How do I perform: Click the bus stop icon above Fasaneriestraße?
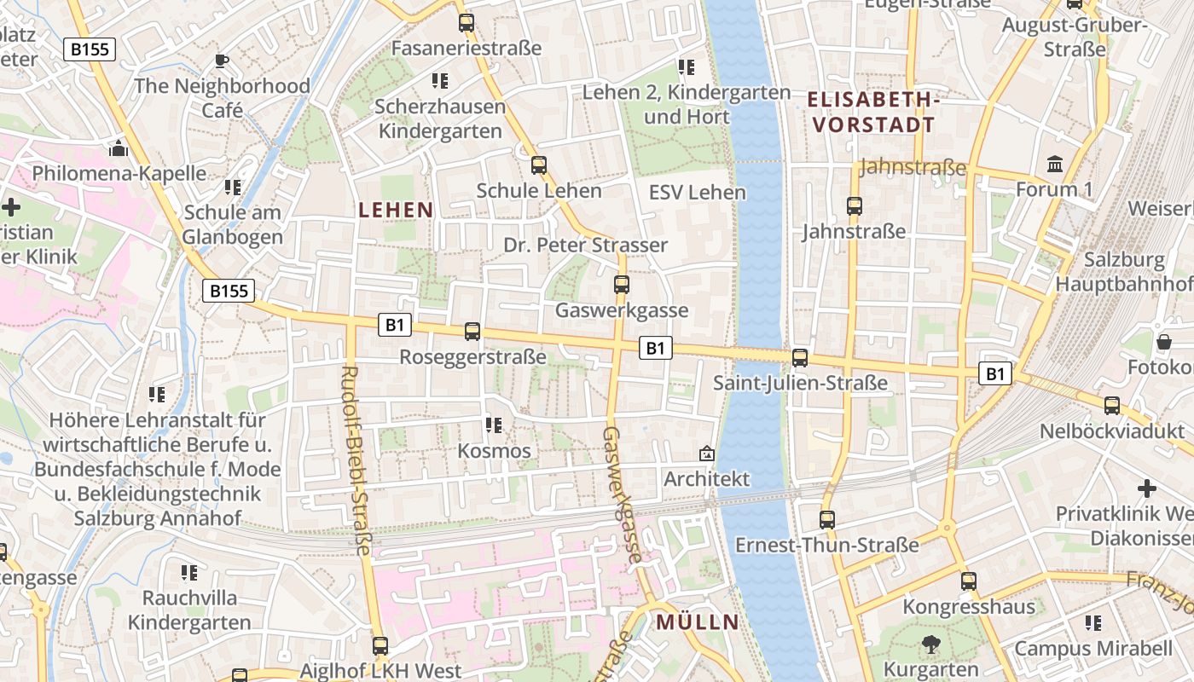466,23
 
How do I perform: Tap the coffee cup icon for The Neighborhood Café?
222,61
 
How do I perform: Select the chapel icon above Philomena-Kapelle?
118,148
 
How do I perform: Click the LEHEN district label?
396,210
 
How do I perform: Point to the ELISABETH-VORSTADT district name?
872,113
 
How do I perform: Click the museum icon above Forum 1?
1055,164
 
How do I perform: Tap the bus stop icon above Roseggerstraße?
472,332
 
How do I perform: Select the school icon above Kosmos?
493,425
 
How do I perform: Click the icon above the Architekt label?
706,454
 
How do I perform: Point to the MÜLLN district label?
697,622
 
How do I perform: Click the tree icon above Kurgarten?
930,644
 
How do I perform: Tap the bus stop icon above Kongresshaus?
969,581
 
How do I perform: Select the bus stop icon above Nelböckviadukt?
1112,406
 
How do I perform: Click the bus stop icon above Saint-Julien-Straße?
800,358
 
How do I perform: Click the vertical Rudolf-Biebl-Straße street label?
356,460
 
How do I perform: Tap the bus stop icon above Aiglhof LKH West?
380,646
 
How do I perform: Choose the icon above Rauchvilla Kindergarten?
189,573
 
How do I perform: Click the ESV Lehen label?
697,193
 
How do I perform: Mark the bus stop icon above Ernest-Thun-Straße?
827,519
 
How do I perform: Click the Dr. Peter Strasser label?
585,246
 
